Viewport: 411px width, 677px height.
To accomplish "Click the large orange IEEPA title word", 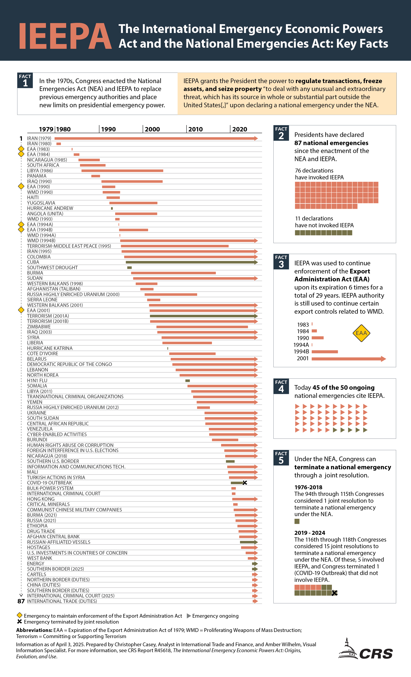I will coord(65,36).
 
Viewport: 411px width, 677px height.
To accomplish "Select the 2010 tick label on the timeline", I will coord(195,129).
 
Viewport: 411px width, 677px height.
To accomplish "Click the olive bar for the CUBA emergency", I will coord(189,262).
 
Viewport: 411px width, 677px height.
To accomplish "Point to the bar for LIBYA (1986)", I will coord(122,171).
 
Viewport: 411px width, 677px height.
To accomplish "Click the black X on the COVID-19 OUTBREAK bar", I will coord(244,483).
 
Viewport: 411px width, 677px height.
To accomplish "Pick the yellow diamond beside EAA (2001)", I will coord(21,310).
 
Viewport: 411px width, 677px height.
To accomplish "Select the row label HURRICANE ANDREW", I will coord(50,208).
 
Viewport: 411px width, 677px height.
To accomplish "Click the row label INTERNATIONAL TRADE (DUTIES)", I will coord(62,601).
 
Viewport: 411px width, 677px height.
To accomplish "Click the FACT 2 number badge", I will coord(281,133).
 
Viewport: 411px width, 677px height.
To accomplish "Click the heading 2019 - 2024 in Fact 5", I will coord(310,533).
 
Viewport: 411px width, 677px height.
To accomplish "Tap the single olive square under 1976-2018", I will coord(297,521).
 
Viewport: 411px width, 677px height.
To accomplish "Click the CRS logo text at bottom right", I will coord(376,654).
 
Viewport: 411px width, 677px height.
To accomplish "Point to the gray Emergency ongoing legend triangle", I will coord(189,616).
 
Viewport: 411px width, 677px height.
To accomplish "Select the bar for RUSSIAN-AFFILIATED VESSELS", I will coord(248,542).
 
